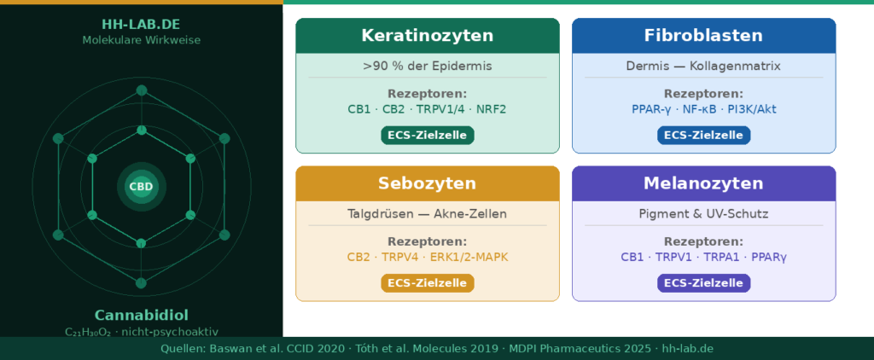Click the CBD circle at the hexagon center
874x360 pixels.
click(141, 187)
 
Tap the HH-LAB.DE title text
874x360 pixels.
click(141, 25)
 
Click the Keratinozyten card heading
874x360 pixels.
click(428, 36)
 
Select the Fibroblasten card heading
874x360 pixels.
click(703, 36)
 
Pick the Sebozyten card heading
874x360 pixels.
click(428, 183)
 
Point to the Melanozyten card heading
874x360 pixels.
click(703, 183)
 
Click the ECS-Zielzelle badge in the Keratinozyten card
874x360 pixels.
click(428, 136)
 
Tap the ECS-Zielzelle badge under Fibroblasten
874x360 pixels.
click(703, 136)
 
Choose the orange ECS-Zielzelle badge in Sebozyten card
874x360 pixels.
click(428, 283)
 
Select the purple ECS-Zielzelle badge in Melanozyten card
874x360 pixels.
click(703, 283)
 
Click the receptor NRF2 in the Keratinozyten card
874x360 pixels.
click(491, 109)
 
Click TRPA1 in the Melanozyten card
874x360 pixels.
click(722, 258)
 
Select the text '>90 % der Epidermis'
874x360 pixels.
click(428, 67)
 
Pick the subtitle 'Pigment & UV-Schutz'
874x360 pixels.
click(703, 214)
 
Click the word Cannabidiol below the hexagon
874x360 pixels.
click(141, 315)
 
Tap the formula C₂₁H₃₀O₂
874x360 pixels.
click(89, 332)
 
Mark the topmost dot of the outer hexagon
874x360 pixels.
click(142, 90)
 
